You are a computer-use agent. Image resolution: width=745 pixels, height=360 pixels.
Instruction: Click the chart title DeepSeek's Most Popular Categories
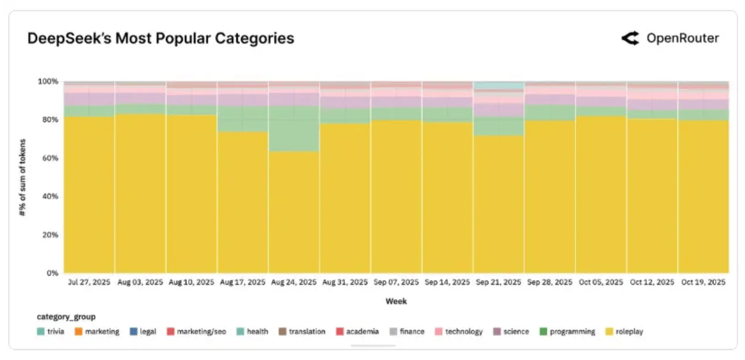[x=161, y=39]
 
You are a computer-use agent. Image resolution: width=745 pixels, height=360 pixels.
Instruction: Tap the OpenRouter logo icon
[x=630, y=39]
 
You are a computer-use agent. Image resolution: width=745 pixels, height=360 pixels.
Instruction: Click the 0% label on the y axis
[x=53, y=273]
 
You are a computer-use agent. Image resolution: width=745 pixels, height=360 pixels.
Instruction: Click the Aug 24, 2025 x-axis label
[x=294, y=282]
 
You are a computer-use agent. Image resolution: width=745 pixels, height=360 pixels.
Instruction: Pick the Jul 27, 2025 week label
[x=89, y=282]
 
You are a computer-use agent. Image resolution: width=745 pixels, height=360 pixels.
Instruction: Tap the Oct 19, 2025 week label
[x=703, y=282]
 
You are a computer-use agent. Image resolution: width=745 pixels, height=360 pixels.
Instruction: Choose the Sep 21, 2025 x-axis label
[x=498, y=282]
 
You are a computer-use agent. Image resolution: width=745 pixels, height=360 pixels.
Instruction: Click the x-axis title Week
[x=396, y=301]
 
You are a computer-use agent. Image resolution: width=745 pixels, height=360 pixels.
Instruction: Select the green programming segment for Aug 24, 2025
[x=294, y=128]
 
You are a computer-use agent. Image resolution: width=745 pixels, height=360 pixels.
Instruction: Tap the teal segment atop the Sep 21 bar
[x=498, y=86]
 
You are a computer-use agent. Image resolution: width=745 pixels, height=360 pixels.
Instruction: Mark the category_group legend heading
[x=66, y=317]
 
